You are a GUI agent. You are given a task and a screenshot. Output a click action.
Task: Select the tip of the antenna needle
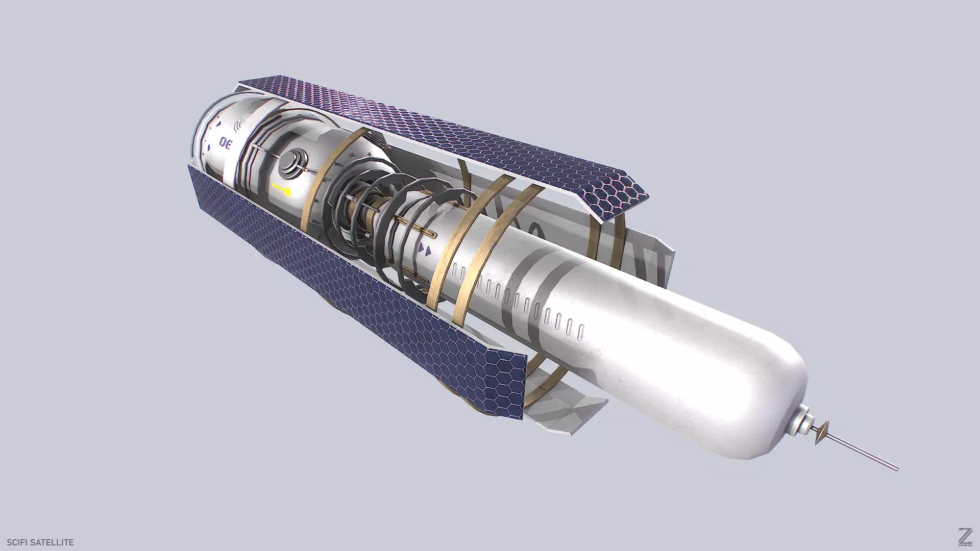896,468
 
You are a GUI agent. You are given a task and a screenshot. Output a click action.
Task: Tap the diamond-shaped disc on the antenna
822,433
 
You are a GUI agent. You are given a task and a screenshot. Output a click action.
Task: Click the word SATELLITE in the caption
53,542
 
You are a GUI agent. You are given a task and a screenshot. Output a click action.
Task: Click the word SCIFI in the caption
18,542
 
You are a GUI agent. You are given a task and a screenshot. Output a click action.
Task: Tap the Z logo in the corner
950,536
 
